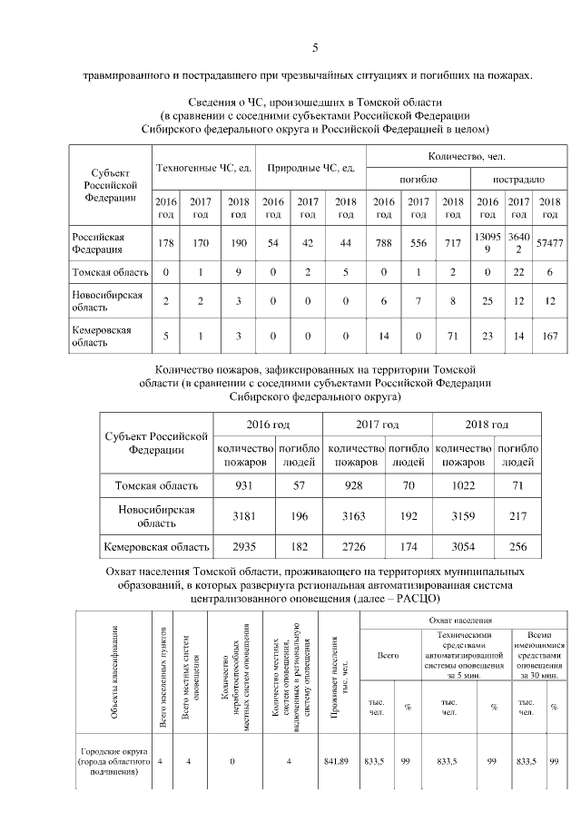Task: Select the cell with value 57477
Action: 549,243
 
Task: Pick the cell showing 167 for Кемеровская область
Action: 549,337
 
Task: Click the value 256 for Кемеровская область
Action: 518,547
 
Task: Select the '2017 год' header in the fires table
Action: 377,425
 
